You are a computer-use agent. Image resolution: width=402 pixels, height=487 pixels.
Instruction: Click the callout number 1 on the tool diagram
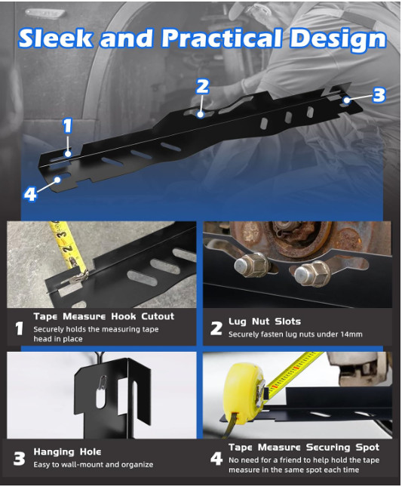[67, 125]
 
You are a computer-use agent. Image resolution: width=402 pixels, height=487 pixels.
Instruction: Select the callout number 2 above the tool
[201, 86]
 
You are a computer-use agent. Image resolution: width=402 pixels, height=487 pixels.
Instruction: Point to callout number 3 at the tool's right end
[379, 95]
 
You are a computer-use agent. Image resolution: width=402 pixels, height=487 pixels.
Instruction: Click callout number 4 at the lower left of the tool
[30, 194]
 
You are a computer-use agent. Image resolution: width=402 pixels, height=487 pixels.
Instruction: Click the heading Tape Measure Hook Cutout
[103, 316]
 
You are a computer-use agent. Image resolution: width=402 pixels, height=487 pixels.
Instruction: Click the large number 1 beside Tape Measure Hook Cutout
[20, 328]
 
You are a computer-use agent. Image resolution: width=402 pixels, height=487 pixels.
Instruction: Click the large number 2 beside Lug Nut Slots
[216, 328]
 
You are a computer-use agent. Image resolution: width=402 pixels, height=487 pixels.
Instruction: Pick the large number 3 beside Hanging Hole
[20, 458]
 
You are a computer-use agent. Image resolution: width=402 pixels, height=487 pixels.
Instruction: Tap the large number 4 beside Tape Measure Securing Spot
[216, 458]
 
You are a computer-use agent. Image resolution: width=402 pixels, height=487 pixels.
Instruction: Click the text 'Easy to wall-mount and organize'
[93, 464]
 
